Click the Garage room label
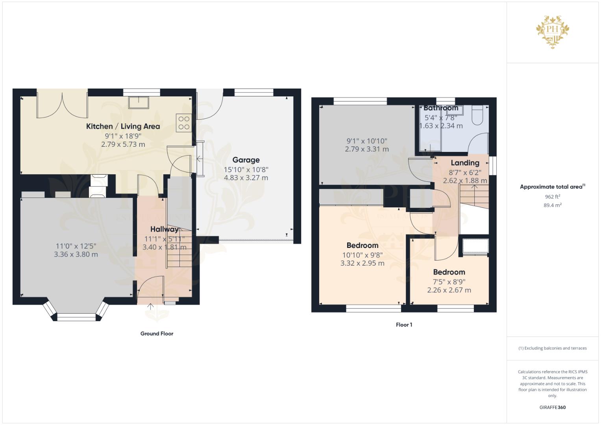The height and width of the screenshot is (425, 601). click(x=246, y=160)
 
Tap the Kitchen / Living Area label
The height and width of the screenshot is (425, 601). click(x=123, y=126)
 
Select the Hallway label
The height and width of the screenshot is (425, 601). click(x=164, y=229)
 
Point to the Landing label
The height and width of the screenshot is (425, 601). click(x=465, y=163)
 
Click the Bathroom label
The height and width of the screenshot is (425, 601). click(x=441, y=108)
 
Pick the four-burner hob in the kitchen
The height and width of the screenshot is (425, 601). click(x=184, y=123)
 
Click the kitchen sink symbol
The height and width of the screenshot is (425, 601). click(x=139, y=102)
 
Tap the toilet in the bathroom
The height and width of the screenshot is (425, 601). click(x=477, y=115)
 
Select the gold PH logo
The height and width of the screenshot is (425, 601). click(x=553, y=32)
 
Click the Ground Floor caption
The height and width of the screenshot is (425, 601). click(x=157, y=334)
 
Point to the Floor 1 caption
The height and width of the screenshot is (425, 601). click(x=404, y=325)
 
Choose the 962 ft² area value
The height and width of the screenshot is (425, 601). click(x=553, y=197)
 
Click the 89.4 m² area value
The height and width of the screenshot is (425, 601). click(x=553, y=205)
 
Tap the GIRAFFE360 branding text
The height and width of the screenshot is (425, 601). click(x=553, y=407)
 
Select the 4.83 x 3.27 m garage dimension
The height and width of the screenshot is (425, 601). click(x=246, y=178)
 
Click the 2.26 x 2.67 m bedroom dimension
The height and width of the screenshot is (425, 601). click(x=449, y=290)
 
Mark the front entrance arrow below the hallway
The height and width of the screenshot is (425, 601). click(x=150, y=307)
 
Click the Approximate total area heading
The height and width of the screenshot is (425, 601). click(x=553, y=187)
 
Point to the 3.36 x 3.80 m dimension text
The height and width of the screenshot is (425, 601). click(x=76, y=254)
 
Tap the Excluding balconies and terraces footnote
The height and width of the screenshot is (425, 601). click(x=553, y=348)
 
